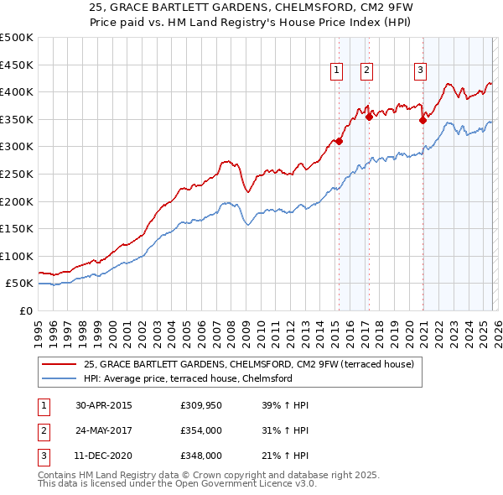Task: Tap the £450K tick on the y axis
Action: click(x=17, y=65)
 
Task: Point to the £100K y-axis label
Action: click(x=17, y=256)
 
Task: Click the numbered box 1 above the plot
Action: click(x=336, y=71)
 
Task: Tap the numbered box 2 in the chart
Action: click(x=367, y=71)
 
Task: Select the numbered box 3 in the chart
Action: click(x=420, y=71)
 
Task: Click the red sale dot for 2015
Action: click(x=339, y=142)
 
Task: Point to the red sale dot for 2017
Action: click(x=369, y=117)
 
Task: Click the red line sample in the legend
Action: click(x=60, y=365)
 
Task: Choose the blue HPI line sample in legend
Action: click(x=60, y=378)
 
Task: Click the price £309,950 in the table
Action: click(x=200, y=405)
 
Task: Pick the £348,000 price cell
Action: click(x=200, y=456)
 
